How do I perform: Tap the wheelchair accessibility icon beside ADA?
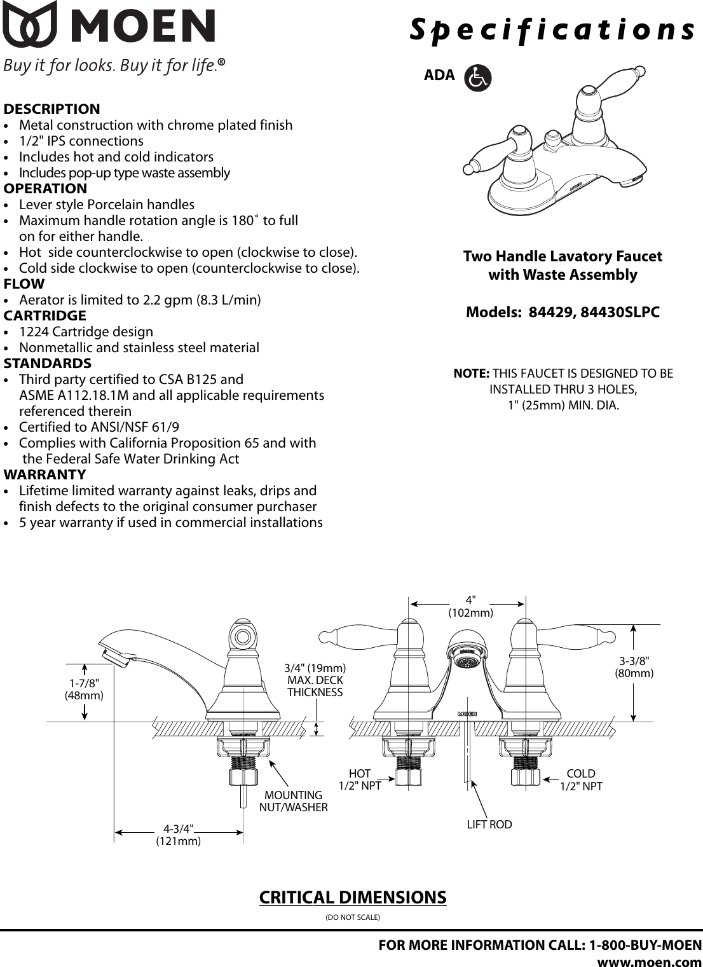(477, 78)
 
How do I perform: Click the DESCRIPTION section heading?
(51, 109)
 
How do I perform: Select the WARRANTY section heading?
(44, 474)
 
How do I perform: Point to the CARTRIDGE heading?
(44, 315)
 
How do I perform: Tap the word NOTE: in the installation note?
(471, 373)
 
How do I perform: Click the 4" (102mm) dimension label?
(470, 607)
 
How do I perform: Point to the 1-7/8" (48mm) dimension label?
(84, 689)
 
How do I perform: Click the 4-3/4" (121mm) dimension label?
(179, 835)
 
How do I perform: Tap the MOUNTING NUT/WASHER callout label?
(293, 801)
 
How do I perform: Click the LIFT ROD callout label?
(489, 825)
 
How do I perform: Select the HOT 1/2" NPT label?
(360, 779)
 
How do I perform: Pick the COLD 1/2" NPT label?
(581, 779)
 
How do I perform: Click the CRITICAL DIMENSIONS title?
(353, 897)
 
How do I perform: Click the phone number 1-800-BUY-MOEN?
(646, 945)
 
